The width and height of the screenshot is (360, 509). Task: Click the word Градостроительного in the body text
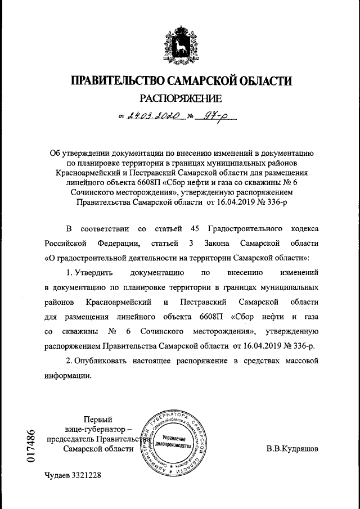(x=245, y=229)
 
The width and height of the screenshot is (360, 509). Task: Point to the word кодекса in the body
(x=304, y=229)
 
